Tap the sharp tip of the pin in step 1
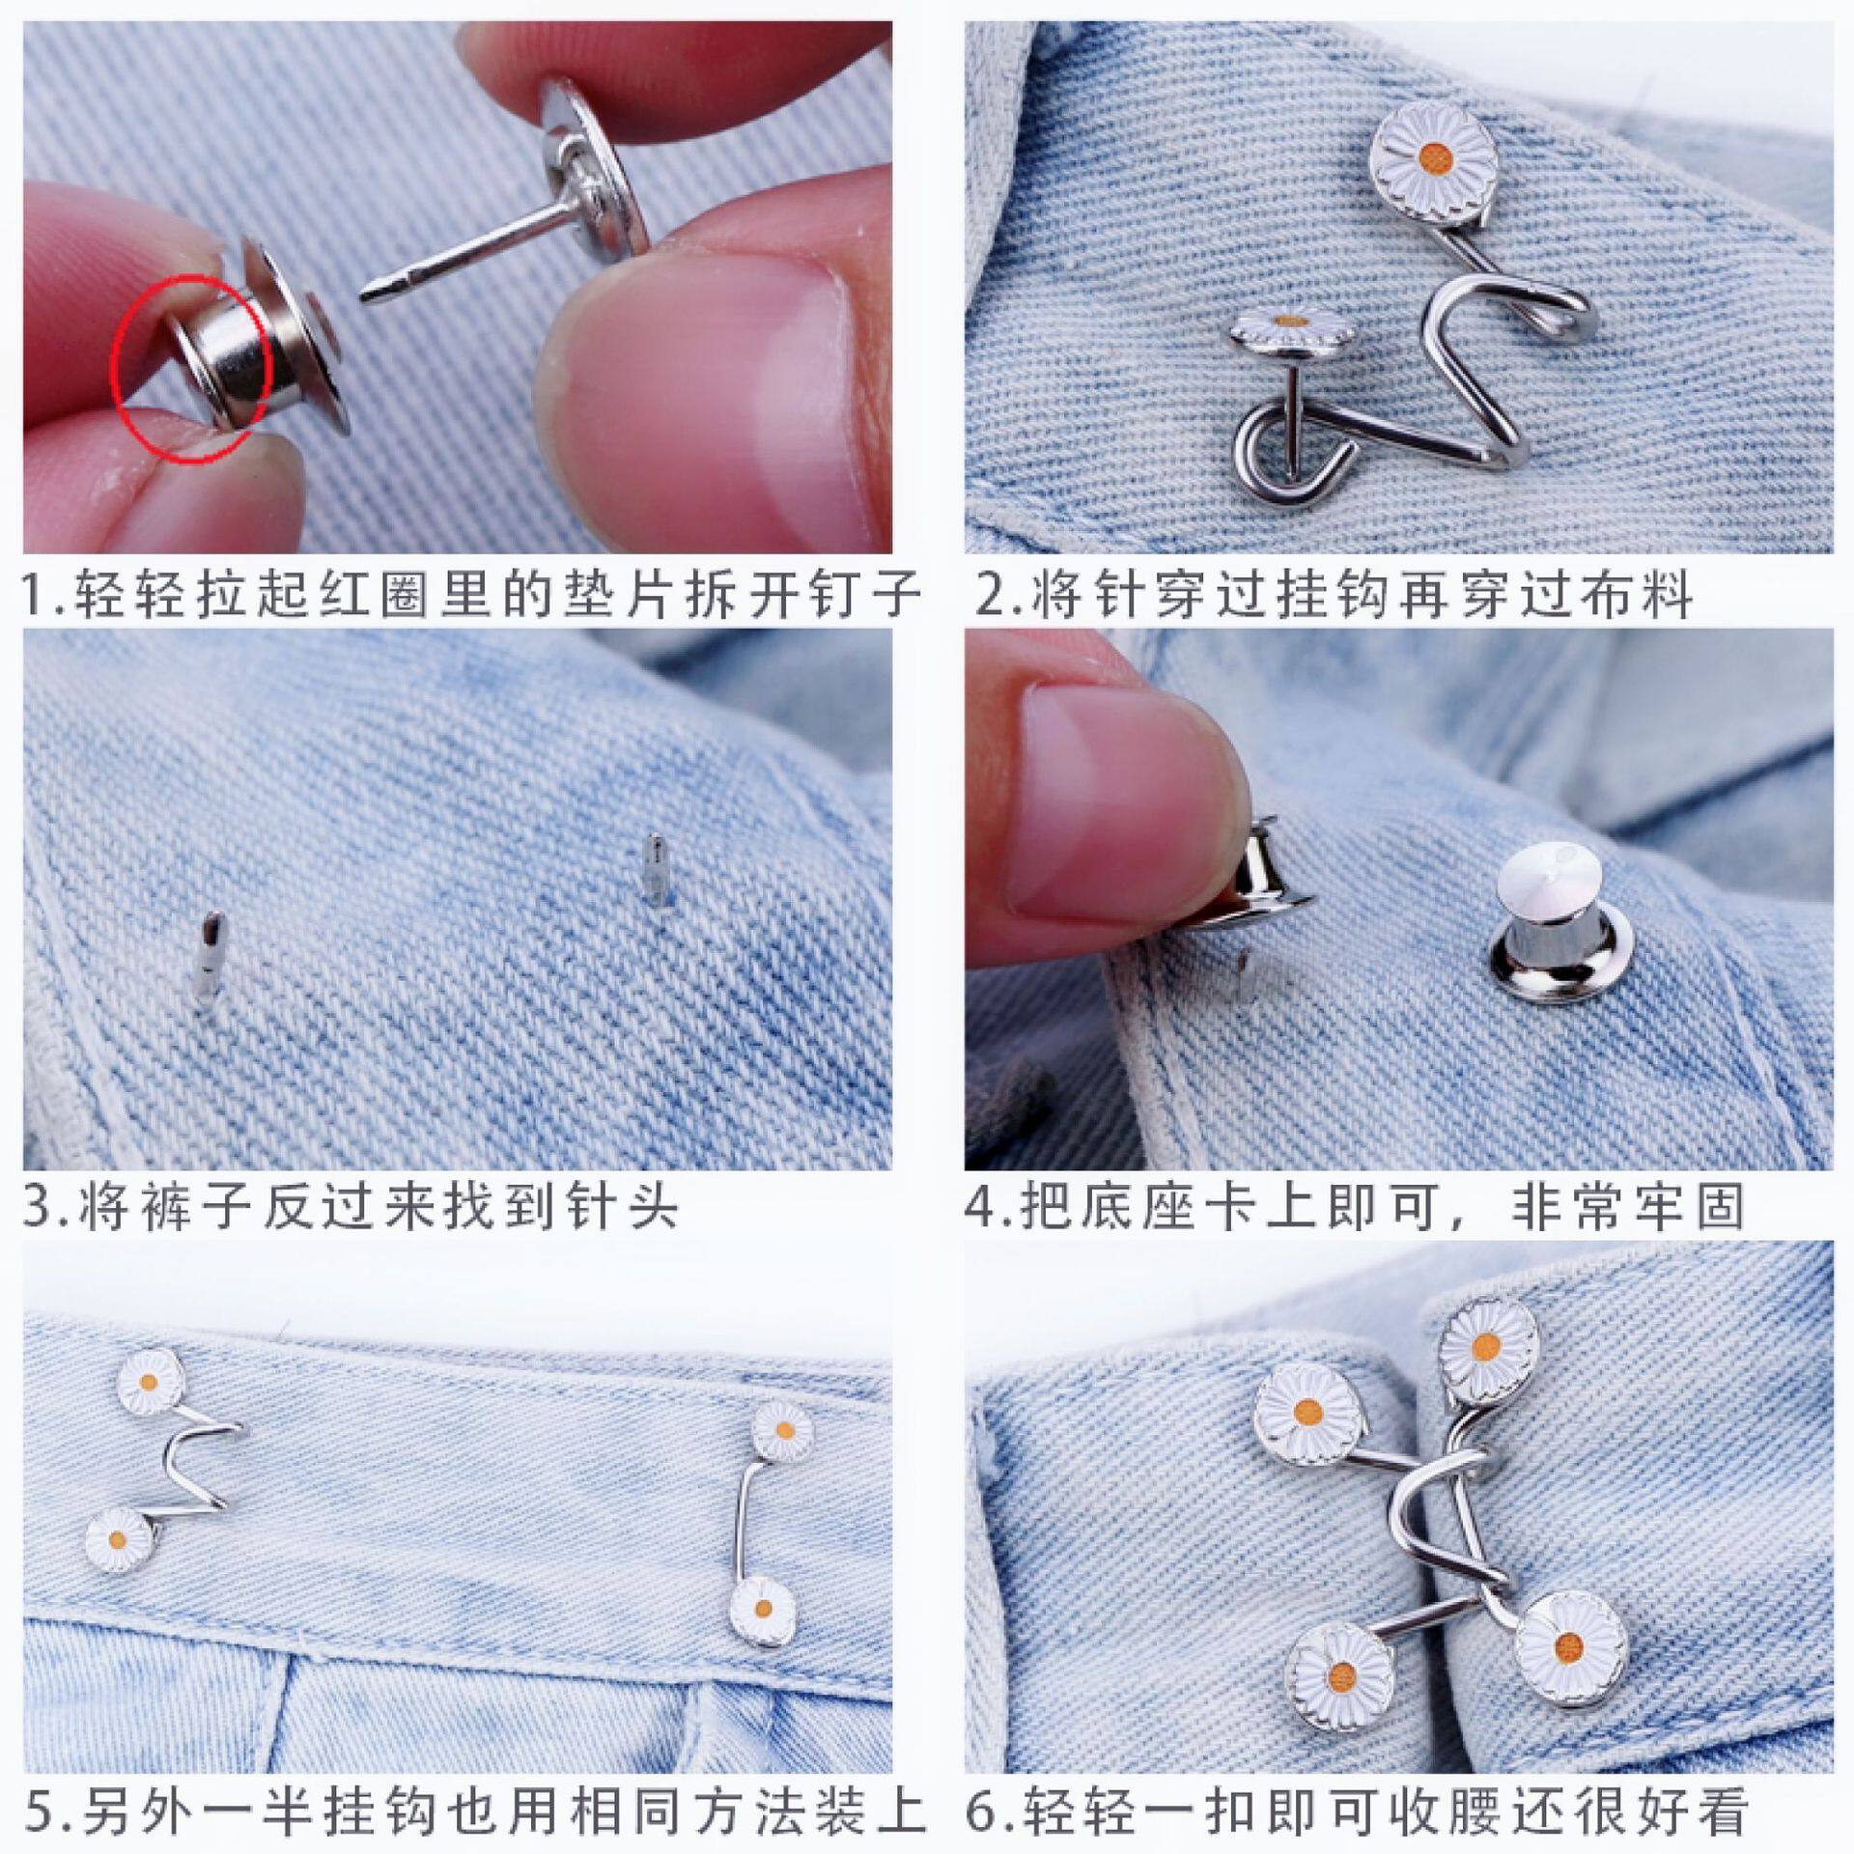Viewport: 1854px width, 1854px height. tap(368, 294)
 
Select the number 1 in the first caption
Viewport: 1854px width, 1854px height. tap(36, 594)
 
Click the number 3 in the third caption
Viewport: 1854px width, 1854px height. tap(37, 1207)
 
